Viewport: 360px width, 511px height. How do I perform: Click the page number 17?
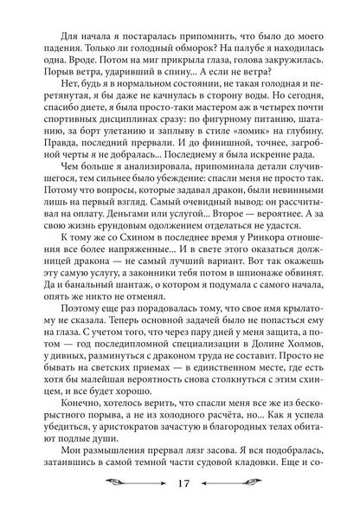pyautogui.click(x=181, y=487)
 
